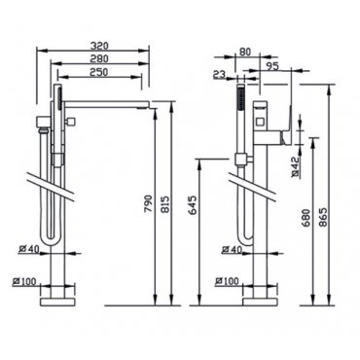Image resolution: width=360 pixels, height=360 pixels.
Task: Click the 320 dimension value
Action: pyautogui.click(x=99, y=46)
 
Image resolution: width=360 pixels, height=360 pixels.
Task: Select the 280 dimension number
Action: pyautogui.click(x=99, y=58)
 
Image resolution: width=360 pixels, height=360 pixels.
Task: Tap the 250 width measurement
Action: pyautogui.click(x=99, y=72)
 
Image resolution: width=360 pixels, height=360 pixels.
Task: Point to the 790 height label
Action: pyautogui.click(x=148, y=203)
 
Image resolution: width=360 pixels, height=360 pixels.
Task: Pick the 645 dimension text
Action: pyautogui.click(x=193, y=204)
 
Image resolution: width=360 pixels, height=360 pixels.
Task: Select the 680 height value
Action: pyautogui.click(x=306, y=217)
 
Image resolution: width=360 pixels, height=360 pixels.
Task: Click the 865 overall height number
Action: pyautogui.click(x=323, y=217)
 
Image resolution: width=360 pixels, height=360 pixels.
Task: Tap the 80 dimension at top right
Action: pyautogui.click(x=245, y=52)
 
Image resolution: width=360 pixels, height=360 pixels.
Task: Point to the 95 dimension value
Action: pyautogui.click(x=272, y=66)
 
